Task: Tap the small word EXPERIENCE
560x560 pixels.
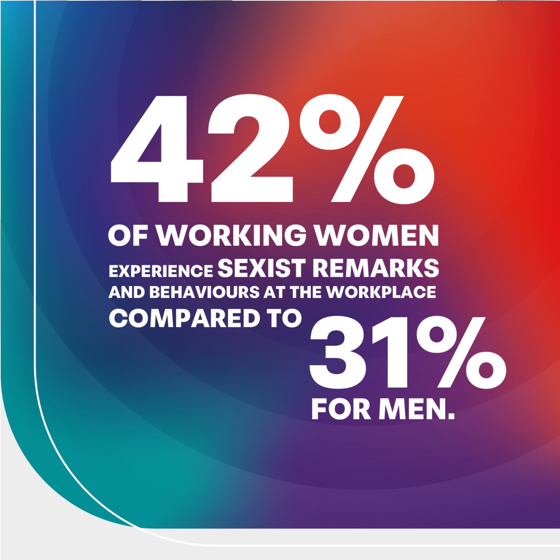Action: pos(161,271)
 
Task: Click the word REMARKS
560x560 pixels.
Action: pos(376,268)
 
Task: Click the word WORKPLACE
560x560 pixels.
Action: pos(381,292)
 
